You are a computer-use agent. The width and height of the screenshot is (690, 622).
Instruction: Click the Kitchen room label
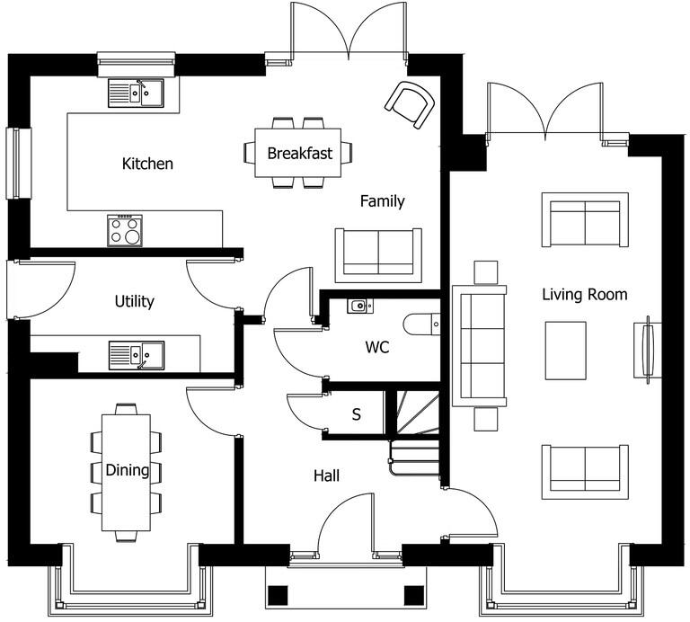click(x=147, y=164)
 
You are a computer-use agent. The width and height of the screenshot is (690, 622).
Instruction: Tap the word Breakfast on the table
click(x=299, y=153)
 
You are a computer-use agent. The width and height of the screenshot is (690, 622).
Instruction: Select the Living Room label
click(x=584, y=294)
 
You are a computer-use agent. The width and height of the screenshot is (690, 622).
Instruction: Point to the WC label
click(x=377, y=347)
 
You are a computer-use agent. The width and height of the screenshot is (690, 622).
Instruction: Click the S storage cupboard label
click(x=356, y=415)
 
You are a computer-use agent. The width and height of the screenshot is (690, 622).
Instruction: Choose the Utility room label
click(x=134, y=301)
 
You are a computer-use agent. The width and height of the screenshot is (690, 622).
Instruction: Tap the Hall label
click(x=326, y=475)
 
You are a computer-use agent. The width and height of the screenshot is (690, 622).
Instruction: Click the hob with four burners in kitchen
click(x=125, y=230)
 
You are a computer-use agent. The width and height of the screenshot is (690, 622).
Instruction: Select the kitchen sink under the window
click(x=136, y=92)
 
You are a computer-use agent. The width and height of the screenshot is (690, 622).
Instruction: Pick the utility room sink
click(x=137, y=355)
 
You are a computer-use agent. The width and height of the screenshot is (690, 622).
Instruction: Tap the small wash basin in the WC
click(x=359, y=306)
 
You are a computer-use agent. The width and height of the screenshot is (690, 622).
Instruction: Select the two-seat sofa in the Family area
click(x=378, y=254)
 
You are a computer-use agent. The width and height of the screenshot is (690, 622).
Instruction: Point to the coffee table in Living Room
click(x=566, y=351)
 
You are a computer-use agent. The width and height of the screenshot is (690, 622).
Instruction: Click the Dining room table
click(x=126, y=472)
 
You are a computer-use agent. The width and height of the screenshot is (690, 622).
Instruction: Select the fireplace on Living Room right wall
click(x=646, y=351)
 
